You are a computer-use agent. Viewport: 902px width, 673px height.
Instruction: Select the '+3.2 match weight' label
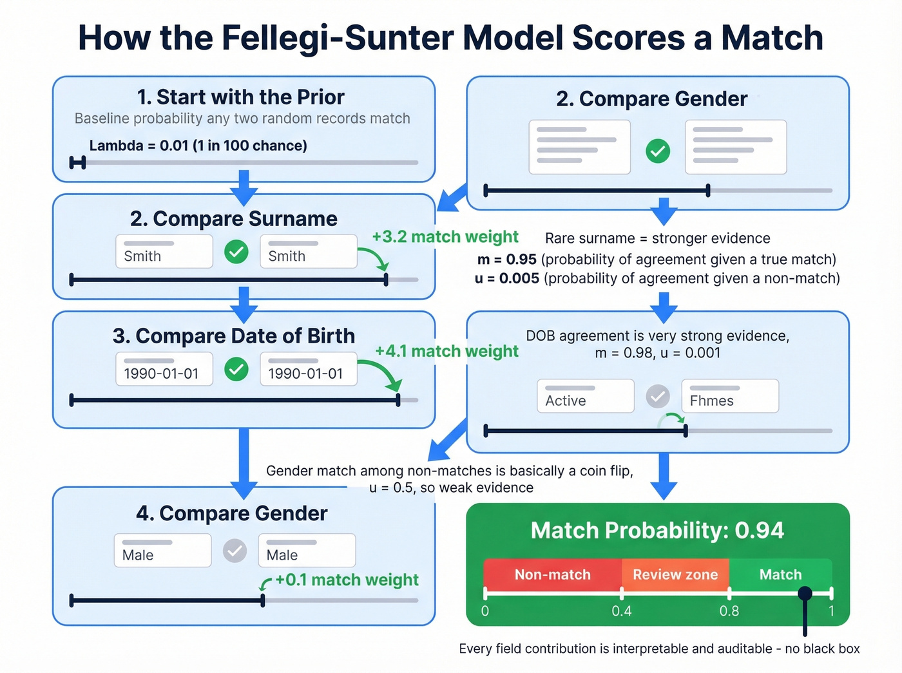445,237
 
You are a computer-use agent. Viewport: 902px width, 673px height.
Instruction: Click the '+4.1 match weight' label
446,351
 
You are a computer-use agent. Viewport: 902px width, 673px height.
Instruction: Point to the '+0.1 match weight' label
347,580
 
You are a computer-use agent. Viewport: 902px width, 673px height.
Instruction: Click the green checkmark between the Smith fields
236,251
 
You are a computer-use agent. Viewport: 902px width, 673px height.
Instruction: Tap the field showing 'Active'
585,395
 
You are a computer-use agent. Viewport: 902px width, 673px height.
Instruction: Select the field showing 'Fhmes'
730,395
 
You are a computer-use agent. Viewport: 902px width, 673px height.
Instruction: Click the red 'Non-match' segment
552,574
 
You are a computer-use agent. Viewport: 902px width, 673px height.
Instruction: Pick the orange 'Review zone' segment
675,574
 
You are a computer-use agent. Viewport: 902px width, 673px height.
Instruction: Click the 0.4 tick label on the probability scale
622,611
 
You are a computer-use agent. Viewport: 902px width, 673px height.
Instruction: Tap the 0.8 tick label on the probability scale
729,611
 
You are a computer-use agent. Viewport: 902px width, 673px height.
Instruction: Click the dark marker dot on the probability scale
805,593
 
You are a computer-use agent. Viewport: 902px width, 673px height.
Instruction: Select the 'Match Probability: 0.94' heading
657,531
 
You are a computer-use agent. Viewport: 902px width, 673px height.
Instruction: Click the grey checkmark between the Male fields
235,551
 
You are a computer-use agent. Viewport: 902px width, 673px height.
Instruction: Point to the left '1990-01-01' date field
164,369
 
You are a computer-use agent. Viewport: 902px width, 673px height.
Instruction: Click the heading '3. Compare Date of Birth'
233,336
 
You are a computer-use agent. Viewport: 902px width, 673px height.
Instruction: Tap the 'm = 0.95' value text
507,260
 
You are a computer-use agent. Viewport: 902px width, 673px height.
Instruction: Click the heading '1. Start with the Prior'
240,97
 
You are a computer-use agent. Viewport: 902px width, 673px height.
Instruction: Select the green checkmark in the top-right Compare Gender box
658,151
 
